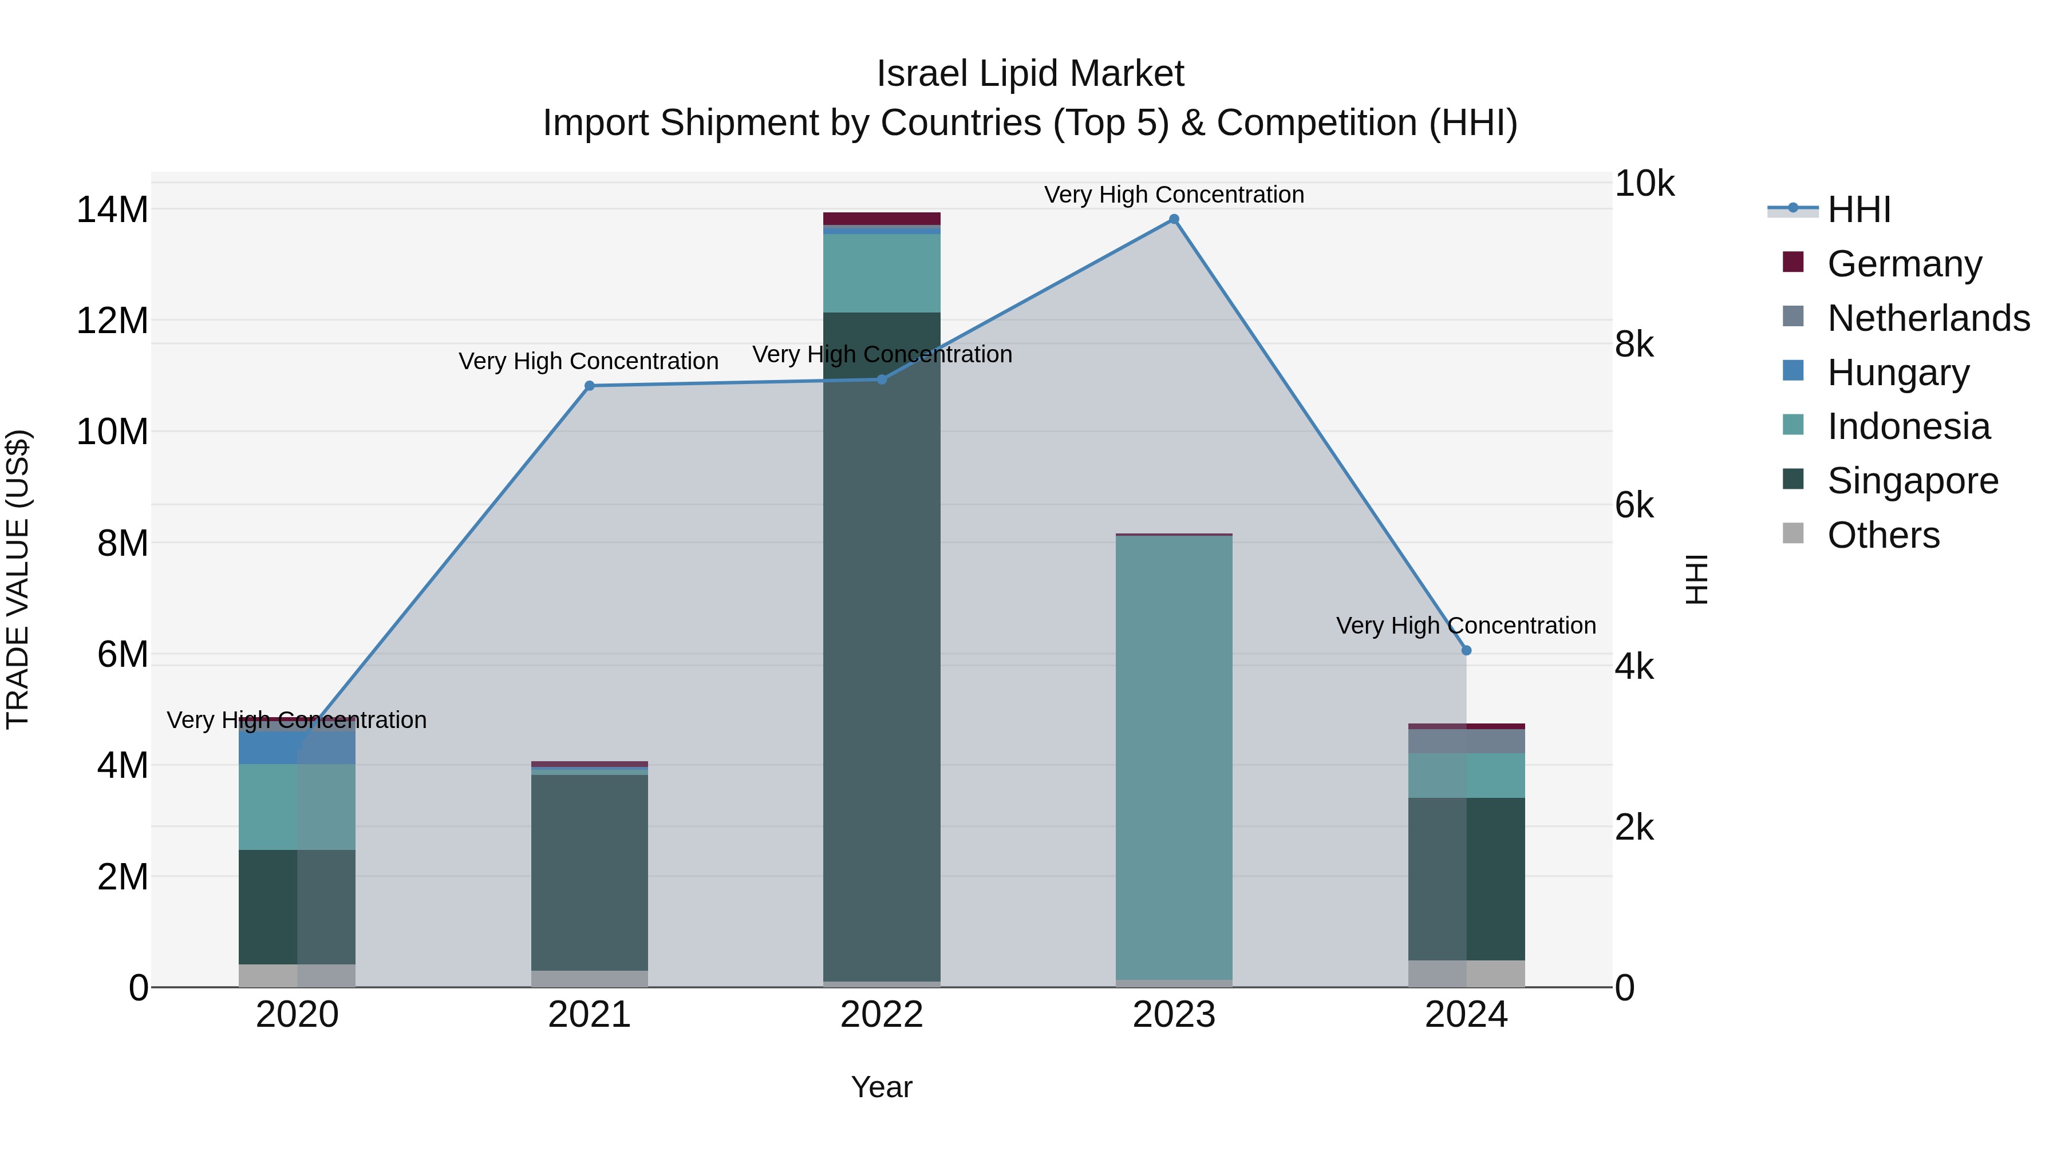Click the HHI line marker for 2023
(x=1174, y=219)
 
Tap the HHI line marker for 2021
(x=590, y=386)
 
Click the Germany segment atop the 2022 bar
(x=882, y=219)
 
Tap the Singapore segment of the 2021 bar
(x=590, y=872)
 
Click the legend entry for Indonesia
(x=1908, y=426)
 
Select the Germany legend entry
(x=1904, y=264)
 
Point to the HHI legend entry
(x=1858, y=209)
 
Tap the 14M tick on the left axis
(x=112, y=209)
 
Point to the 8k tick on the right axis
(x=1634, y=345)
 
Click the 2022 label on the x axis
(x=882, y=1015)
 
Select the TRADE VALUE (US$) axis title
(x=18, y=579)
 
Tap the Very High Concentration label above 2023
(x=1174, y=195)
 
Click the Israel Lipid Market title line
(x=1030, y=74)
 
